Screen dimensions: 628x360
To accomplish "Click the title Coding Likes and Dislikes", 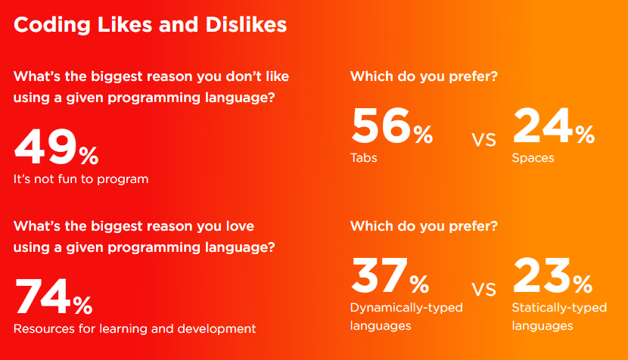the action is tap(151, 25).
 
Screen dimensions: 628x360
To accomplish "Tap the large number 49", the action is tap(45, 147).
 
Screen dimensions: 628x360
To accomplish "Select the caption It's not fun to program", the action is tap(81, 179).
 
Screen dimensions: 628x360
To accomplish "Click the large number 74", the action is tap(43, 296).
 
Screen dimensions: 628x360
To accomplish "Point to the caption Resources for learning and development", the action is tap(135, 329).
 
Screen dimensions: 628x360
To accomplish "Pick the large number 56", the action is tap(381, 126).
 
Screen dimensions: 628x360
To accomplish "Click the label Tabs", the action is tap(364, 158).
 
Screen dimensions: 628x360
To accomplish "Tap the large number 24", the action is tap(543, 126).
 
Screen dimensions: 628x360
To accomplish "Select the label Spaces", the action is tap(533, 158).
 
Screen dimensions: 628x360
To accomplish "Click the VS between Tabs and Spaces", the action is tap(483, 140).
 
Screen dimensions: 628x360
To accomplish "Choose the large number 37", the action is tap(379, 275).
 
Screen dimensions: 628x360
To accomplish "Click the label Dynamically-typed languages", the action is tap(406, 316).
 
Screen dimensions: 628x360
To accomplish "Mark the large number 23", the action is tap(542, 275).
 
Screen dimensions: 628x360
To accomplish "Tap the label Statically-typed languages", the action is tap(559, 316).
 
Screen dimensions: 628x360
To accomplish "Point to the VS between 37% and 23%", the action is tap(483, 290).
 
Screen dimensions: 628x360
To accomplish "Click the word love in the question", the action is tap(240, 226).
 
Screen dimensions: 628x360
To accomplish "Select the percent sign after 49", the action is tap(89, 156).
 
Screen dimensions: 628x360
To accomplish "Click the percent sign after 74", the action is tap(83, 306).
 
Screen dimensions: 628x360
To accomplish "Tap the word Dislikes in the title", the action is tap(246, 25).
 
